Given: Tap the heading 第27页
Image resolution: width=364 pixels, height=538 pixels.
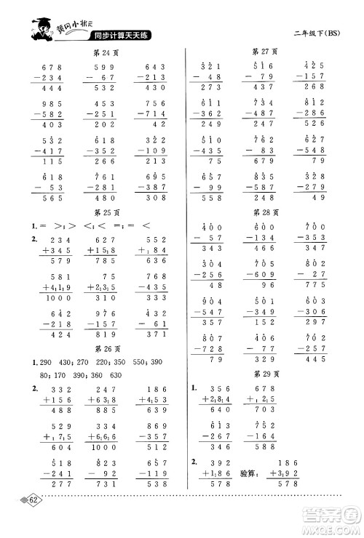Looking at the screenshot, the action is (x=266, y=52).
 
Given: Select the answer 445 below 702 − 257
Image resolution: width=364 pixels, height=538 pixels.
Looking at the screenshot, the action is (x=315, y=358).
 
